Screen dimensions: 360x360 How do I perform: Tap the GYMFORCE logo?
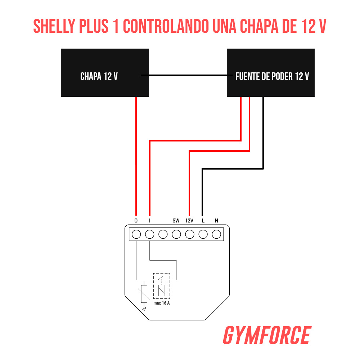(x=266, y=336)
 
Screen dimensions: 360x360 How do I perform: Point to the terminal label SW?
(x=176, y=221)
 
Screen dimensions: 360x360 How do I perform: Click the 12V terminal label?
(x=189, y=221)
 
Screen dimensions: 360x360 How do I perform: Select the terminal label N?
(x=216, y=221)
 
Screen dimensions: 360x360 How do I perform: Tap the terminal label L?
(x=203, y=221)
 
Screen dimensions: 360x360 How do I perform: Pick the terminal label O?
(x=136, y=221)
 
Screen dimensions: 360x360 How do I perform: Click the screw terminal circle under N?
(x=216, y=234)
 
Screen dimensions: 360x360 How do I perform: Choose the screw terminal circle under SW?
(x=176, y=234)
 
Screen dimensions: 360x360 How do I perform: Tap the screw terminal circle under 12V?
(x=190, y=234)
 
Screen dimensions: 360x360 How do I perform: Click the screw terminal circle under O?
(x=136, y=234)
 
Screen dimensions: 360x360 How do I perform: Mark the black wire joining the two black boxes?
(x=187, y=76)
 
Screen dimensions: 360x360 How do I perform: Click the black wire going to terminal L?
(x=203, y=191)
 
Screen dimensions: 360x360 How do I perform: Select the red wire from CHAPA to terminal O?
(x=136, y=155)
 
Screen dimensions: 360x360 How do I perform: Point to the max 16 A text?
(x=162, y=303)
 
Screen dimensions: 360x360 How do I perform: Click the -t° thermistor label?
(x=144, y=309)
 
